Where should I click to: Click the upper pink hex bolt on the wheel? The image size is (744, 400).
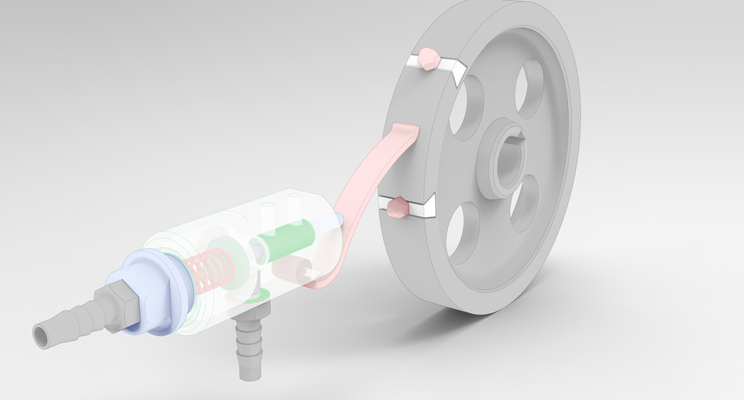[427, 59]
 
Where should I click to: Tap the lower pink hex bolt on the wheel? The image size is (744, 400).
[397, 208]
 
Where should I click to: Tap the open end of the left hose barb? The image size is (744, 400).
[41, 334]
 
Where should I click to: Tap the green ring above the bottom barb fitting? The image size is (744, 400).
[260, 293]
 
